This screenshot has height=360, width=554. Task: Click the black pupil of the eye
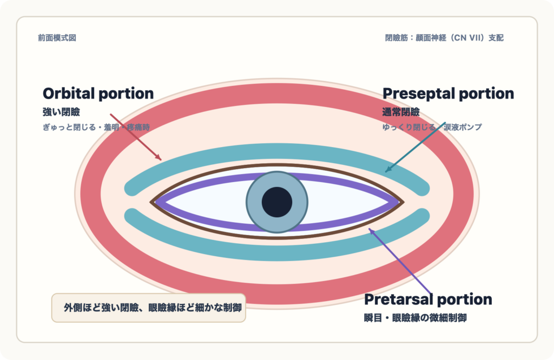[x=277, y=202]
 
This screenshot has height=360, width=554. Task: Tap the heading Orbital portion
[x=98, y=94]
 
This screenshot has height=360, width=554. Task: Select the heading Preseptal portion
[x=449, y=94]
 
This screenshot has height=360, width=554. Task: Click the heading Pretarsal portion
[x=428, y=299]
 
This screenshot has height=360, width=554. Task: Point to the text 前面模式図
[x=57, y=38]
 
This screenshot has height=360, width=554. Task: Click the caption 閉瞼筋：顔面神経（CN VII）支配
[x=444, y=38]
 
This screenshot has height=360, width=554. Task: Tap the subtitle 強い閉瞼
[x=61, y=112]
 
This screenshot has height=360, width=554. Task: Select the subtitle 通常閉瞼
[x=401, y=112]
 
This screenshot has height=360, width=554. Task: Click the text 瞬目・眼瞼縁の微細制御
[x=415, y=318]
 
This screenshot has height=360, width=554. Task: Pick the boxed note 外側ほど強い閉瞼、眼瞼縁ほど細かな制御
[x=149, y=308]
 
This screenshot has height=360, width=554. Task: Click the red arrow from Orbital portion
[x=136, y=137]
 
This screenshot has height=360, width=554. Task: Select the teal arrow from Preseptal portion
[x=415, y=147]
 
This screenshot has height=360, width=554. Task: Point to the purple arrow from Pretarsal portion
[x=400, y=261]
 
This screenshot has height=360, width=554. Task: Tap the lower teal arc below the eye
[x=277, y=252]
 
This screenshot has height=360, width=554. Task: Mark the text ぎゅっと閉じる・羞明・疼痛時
[x=96, y=127]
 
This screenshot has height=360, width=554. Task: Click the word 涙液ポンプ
[x=463, y=127]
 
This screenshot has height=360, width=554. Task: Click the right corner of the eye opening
[x=403, y=202]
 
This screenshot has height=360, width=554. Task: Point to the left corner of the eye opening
[x=151, y=202]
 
